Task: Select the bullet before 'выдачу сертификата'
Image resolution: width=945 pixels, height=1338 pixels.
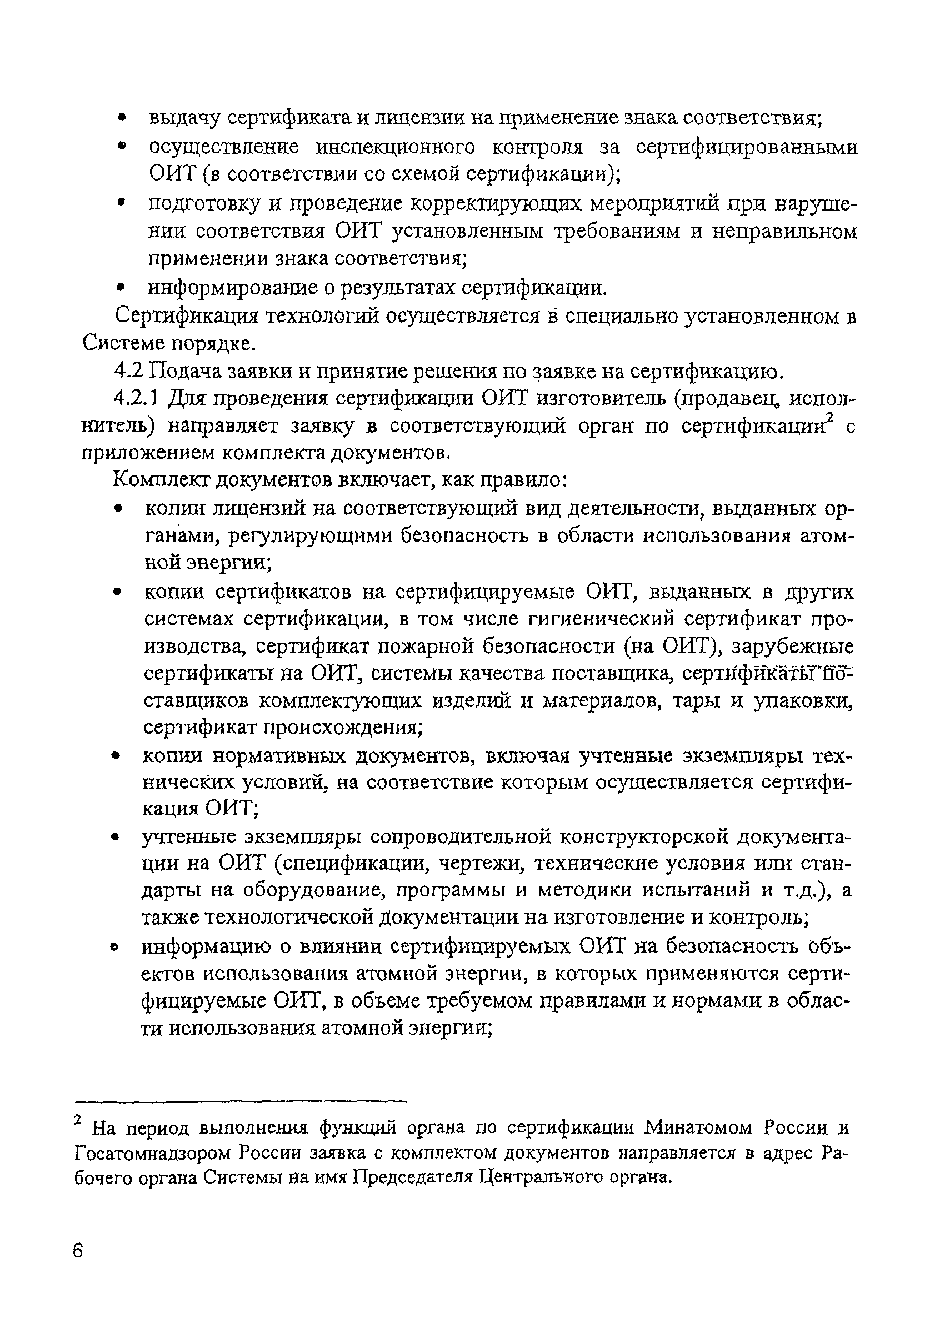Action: point(122,118)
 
